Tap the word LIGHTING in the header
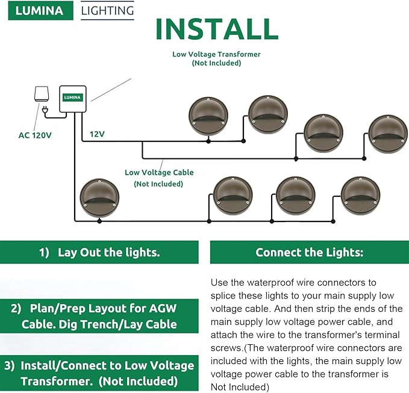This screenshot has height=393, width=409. (x=107, y=11)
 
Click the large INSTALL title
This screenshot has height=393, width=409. (x=217, y=29)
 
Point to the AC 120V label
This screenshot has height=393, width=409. (x=34, y=135)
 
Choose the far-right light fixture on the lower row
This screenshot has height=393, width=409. (x=360, y=196)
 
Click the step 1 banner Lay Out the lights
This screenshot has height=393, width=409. (x=99, y=252)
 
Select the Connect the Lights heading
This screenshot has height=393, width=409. (x=309, y=252)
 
